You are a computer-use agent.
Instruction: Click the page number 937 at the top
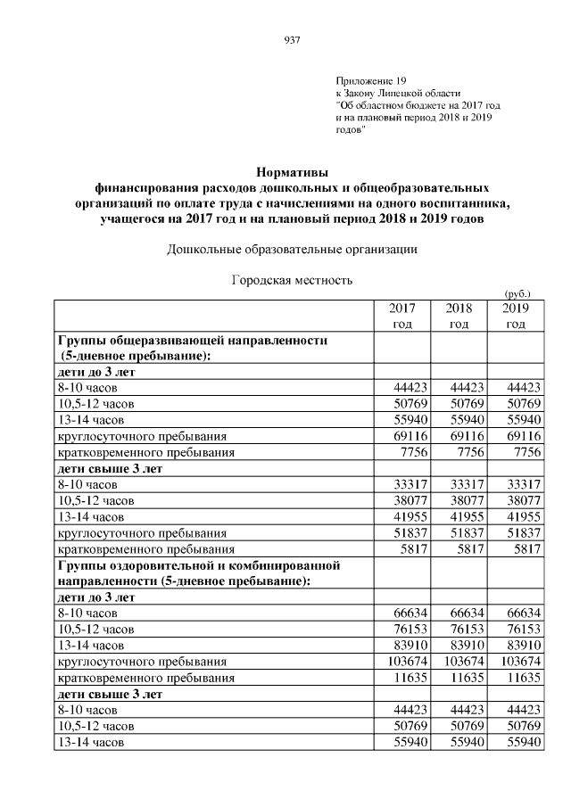click(x=291, y=38)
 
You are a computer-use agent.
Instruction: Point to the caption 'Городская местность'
click(x=293, y=280)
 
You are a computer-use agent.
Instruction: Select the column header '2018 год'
click(x=459, y=316)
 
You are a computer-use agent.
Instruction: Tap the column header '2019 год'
click(x=516, y=316)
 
